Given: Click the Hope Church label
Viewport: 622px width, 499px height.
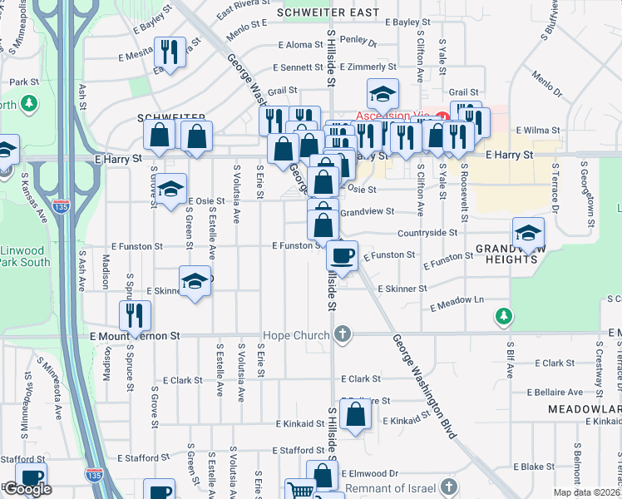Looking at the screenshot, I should point(297,335).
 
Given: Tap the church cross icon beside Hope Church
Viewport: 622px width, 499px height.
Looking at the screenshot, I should point(341,335).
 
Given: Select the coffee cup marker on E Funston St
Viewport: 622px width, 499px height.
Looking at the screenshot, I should point(342,254).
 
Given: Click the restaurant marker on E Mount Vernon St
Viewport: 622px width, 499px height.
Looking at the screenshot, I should point(134,315).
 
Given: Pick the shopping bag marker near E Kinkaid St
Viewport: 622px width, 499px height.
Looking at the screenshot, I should point(355,413).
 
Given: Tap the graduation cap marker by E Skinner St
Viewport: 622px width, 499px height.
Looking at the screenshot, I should point(195,281).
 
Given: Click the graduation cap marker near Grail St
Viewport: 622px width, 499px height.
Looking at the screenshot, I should point(383,93).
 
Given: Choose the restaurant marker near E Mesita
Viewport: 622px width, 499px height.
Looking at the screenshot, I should point(170,52).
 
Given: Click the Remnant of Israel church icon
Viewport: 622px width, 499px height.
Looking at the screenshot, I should point(449,486).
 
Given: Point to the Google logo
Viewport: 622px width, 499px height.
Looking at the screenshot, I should point(27,490).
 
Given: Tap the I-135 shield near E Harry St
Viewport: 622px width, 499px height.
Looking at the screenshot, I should point(61,206).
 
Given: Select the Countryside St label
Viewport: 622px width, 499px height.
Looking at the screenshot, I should point(427,234).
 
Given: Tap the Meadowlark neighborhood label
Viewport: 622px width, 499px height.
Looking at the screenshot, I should point(585,409).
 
